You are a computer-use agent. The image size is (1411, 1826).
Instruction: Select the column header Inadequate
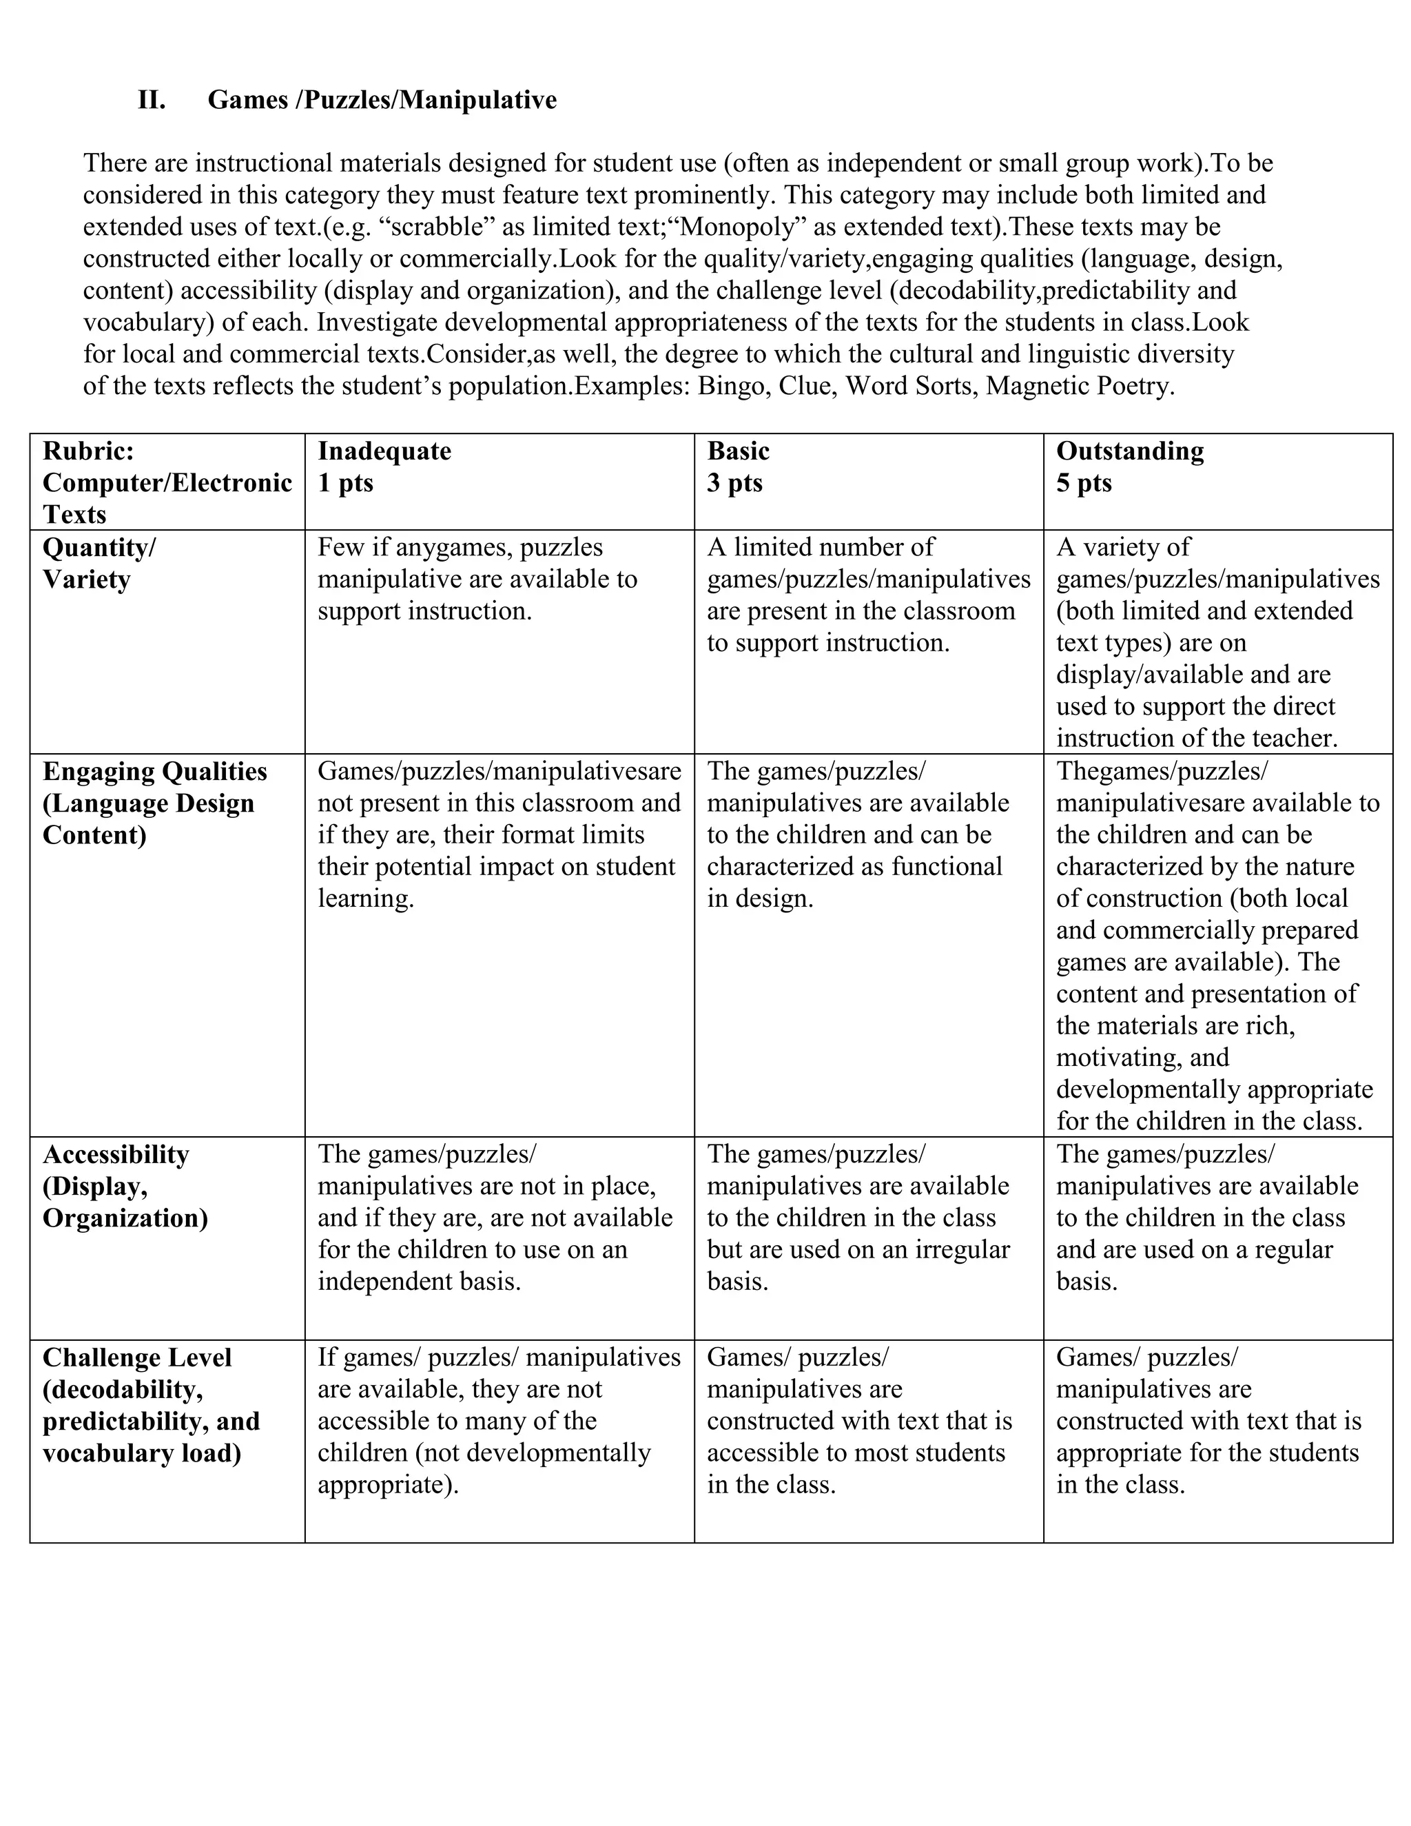[384, 451]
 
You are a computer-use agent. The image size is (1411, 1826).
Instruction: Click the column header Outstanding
[1129, 451]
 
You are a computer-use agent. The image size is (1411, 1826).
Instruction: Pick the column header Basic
[738, 451]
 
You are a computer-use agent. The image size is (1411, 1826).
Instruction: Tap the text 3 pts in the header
[734, 483]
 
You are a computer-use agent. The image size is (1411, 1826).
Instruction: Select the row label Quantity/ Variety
[99, 564]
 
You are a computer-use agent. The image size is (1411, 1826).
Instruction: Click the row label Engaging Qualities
[154, 772]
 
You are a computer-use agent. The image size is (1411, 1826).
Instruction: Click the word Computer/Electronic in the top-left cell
[167, 483]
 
